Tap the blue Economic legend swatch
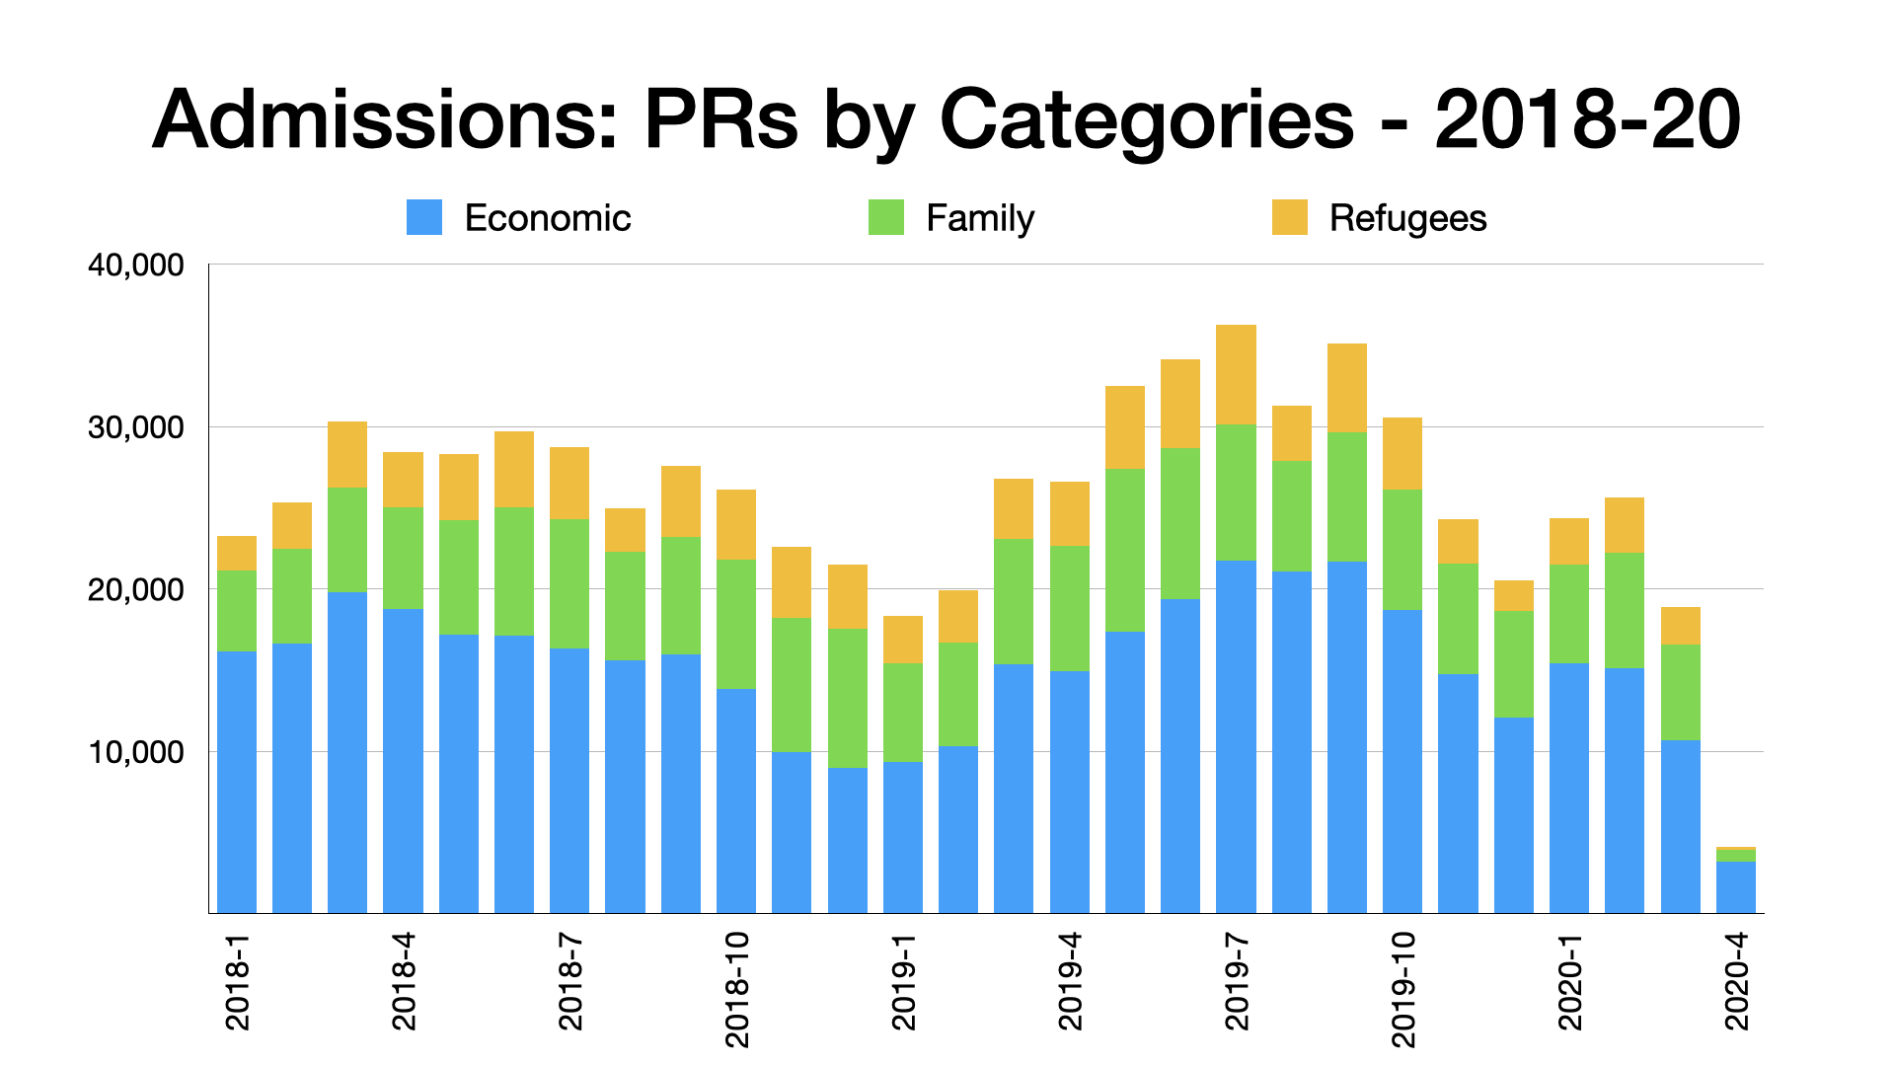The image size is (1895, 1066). pyautogui.click(x=424, y=217)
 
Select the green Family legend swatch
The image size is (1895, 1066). pyautogui.click(x=885, y=217)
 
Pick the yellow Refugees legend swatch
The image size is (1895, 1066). pyautogui.click(x=1289, y=217)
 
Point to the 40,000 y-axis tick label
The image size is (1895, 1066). pyautogui.click(x=136, y=265)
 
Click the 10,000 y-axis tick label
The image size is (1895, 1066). pyautogui.click(x=136, y=752)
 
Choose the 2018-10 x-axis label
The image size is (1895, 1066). pyautogui.click(x=737, y=988)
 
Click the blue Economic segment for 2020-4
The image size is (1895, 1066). pyautogui.click(x=1735, y=887)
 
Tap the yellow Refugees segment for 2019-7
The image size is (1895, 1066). pyautogui.click(x=1236, y=374)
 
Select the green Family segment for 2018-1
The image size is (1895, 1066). pyautogui.click(x=237, y=610)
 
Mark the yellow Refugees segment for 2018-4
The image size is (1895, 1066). pyautogui.click(x=403, y=480)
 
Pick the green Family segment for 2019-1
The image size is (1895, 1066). pyautogui.click(x=903, y=712)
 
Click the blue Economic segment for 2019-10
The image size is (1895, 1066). pyautogui.click(x=1402, y=761)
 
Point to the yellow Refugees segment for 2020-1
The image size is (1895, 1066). pyautogui.click(x=1569, y=541)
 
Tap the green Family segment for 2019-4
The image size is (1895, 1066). pyautogui.click(x=1069, y=608)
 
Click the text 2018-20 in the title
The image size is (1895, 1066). pyautogui.click(x=1587, y=120)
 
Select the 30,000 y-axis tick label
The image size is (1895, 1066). pyautogui.click(x=136, y=427)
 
